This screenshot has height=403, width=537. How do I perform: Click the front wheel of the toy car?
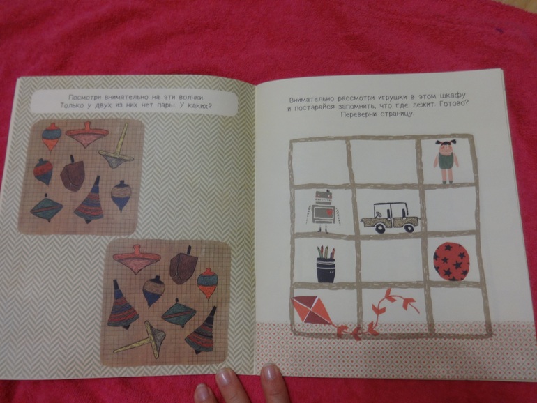point(379,228)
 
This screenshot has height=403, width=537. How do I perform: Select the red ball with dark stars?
point(451,261)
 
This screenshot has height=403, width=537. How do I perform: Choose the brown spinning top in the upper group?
point(73,173)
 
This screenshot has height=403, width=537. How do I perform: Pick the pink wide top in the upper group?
point(84,135)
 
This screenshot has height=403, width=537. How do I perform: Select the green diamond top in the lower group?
point(179,312)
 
